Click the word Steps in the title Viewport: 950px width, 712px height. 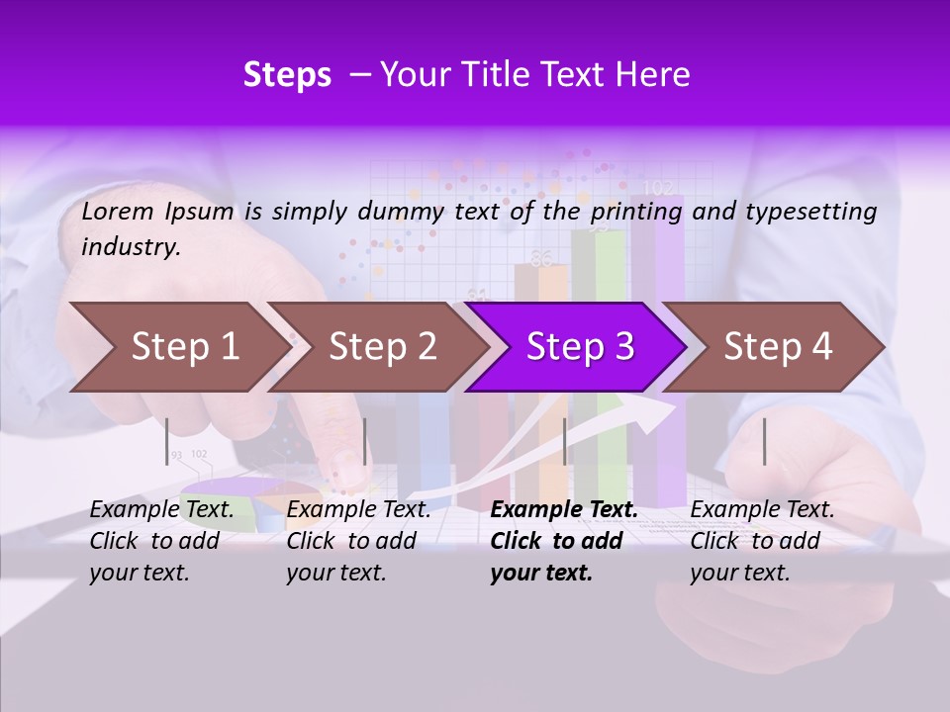287,75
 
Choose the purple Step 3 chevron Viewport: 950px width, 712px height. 580,347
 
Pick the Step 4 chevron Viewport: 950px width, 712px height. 778,347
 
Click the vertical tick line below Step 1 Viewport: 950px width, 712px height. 166,441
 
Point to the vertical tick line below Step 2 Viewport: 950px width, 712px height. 365,441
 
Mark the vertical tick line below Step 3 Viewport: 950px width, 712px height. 564,441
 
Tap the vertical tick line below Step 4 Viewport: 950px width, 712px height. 764,441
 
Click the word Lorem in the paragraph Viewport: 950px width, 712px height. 118,211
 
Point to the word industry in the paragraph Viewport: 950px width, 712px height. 131,247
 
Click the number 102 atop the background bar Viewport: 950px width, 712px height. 658,187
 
